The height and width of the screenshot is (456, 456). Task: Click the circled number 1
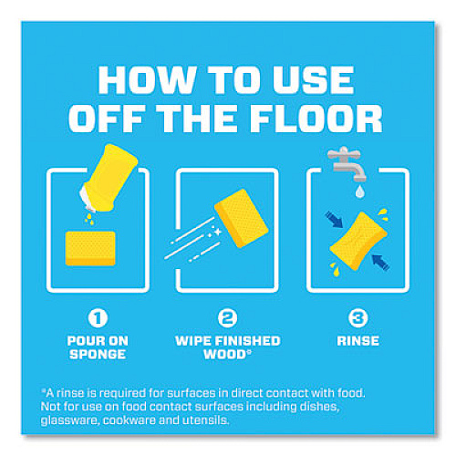point(98,318)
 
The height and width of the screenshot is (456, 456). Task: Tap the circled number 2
point(227,318)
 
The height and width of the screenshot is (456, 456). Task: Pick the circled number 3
point(358,318)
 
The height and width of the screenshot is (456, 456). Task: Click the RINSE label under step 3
point(358,341)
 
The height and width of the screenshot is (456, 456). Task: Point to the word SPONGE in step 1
point(98,354)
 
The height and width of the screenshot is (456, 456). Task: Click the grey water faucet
point(347,164)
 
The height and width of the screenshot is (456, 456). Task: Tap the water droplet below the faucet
point(359,191)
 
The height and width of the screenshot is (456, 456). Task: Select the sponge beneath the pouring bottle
point(90,248)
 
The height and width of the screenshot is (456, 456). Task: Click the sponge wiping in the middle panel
point(242,218)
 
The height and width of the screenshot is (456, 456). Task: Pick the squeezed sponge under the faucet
point(358,241)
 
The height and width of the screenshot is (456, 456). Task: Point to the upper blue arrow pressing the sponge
point(334,220)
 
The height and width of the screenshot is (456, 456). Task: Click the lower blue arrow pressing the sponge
point(380,263)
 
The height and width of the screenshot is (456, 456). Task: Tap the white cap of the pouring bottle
point(86,199)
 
